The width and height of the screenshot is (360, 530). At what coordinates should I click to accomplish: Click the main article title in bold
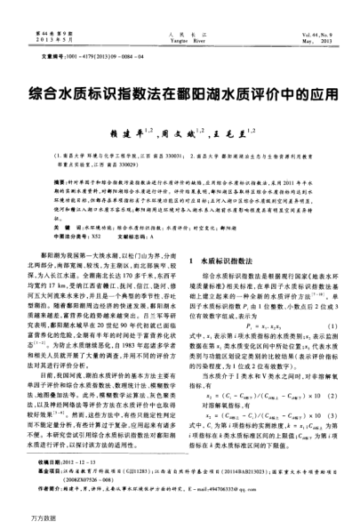(x=180, y=92)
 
